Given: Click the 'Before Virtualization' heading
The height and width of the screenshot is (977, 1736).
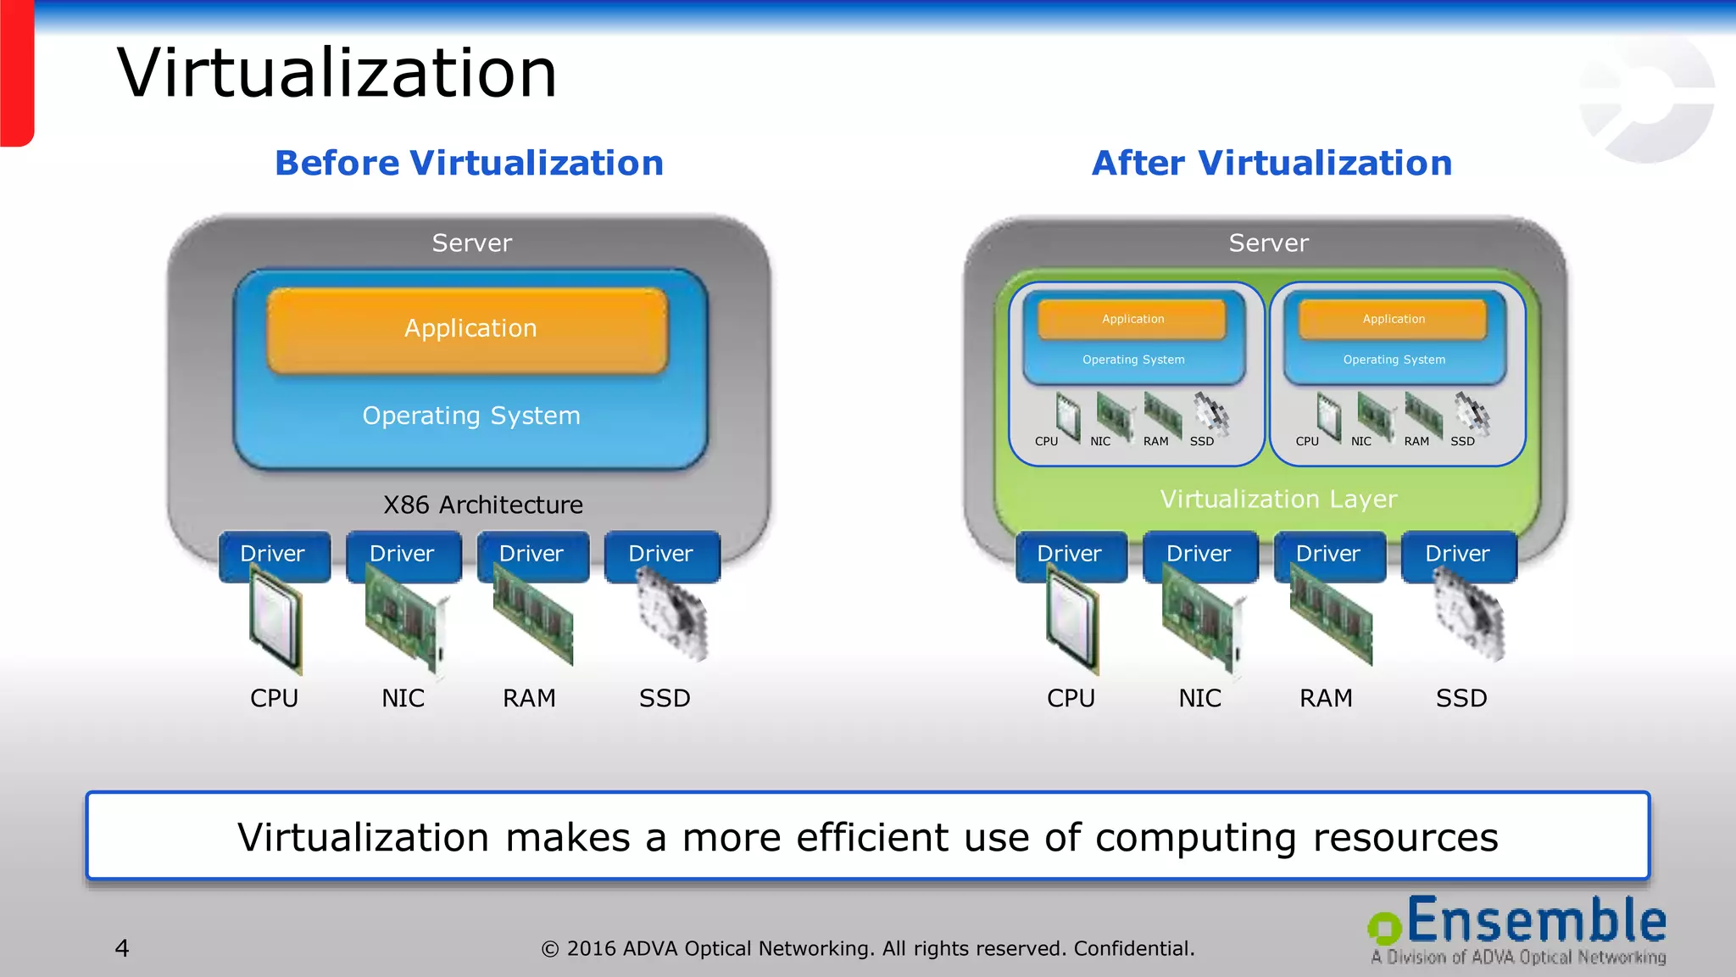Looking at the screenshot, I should [469, 163].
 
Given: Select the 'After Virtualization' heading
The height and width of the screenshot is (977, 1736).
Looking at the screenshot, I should [1271, 163].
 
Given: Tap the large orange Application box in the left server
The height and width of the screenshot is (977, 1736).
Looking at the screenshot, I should [470, 329].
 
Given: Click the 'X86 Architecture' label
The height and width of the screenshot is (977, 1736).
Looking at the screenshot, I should [482, 505].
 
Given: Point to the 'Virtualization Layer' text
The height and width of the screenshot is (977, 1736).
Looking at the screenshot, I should [1277, 500].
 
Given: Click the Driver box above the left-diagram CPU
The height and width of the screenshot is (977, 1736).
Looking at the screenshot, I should [273, 554].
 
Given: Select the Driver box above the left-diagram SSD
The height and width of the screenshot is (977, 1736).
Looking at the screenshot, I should [661, 554].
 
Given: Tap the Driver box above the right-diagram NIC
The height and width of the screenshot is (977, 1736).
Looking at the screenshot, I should [1199, 554].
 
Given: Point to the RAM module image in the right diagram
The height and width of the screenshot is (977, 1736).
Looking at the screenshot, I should [1332, 624].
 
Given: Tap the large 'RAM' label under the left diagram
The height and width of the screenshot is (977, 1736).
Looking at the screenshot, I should [529, 699].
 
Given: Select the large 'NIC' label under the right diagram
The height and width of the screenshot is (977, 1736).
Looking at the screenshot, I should [1199, 699].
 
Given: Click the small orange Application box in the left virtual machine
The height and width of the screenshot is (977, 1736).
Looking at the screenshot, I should [1132, 319].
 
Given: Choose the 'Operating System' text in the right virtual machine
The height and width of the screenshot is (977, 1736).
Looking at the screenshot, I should [1394, 360].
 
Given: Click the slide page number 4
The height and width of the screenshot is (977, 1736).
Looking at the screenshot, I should [122, 948].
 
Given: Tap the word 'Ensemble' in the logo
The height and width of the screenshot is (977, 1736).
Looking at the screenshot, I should [1536, 922].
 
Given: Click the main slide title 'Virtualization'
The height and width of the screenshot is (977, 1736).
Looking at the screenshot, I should [337, 73].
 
